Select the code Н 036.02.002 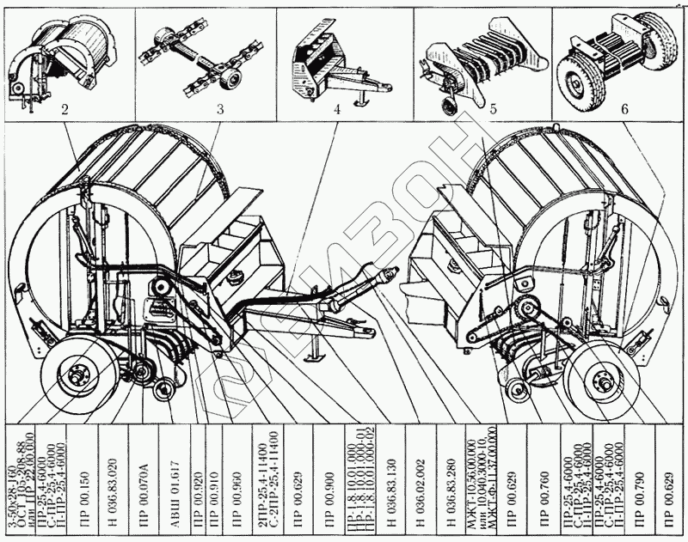pos(421,481)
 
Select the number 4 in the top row pos(337,110)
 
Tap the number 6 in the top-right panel pos(624,109)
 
